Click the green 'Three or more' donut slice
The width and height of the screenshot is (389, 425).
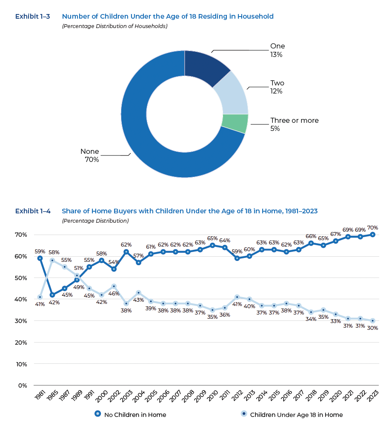point(235,123)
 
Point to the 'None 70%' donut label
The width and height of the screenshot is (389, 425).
point(90,156)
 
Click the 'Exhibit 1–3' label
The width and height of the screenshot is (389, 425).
point(32,17)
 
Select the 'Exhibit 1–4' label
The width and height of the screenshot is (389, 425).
point(33,211)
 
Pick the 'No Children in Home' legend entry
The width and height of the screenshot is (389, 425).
point(130,414)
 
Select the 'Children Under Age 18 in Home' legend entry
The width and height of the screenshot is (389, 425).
point(292,414)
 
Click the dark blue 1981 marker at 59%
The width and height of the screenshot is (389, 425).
point(40,258)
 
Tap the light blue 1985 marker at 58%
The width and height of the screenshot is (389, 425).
point(52,260)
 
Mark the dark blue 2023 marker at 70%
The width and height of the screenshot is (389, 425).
point(372,235)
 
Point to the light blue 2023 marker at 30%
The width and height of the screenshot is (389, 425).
point(372,321)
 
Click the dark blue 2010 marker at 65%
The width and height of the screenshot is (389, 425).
point(212,245)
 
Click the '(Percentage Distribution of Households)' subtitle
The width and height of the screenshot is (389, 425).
point(114,26)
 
